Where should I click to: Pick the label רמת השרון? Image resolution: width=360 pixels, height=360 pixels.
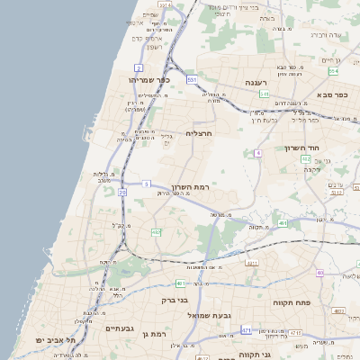pyautogui.click(x=191, y=185)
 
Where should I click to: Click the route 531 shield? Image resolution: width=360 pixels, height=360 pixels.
pyautogui.click(x=192, y=80)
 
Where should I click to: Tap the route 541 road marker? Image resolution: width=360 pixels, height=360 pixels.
pyautogui.click(x=264, y=94)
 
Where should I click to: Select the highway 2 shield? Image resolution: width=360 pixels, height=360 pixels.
pyautogui.click(x=139, y=67)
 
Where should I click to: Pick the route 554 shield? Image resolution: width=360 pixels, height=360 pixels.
pyautogui.click(x=334, y=71)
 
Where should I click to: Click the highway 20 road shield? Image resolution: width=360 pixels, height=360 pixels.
pyautogui.click(x=121, y=192)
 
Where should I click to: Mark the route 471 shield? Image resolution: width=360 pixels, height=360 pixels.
pyautogui.click(x=246, y=330)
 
